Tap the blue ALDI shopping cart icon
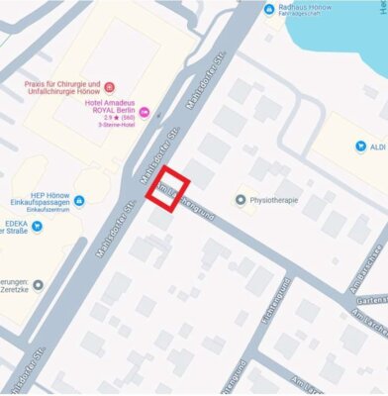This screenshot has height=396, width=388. click(x=360, y=147)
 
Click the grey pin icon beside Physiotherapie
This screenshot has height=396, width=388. click(x=240, y=199)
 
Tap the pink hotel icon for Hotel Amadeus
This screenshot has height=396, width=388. click(x=145, y=112)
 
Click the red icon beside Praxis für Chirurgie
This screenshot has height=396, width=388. click(x=110, y=86)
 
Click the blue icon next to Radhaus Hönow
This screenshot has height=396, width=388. click(x=270, y=9)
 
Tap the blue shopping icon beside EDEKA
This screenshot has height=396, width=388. click(x=38, y=226)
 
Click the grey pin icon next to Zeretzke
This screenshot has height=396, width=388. click(x=38, y=285)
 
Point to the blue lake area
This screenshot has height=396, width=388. click(x=337, y=40)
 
